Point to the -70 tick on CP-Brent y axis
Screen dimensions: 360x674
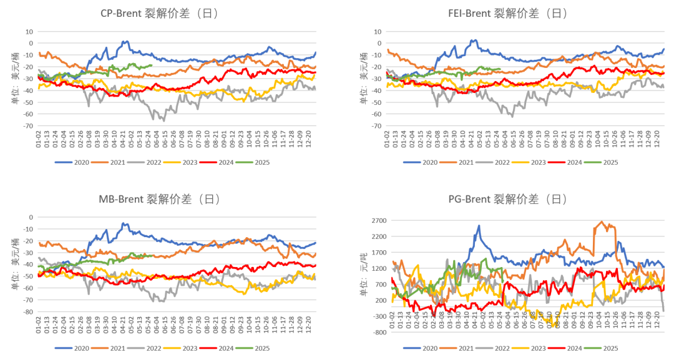[x=29, y=126]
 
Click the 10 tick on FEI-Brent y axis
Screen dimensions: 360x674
[x=378, y=31]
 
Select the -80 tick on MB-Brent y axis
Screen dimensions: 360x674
[x=29, y=311]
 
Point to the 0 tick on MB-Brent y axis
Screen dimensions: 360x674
[x=30, y=216]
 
